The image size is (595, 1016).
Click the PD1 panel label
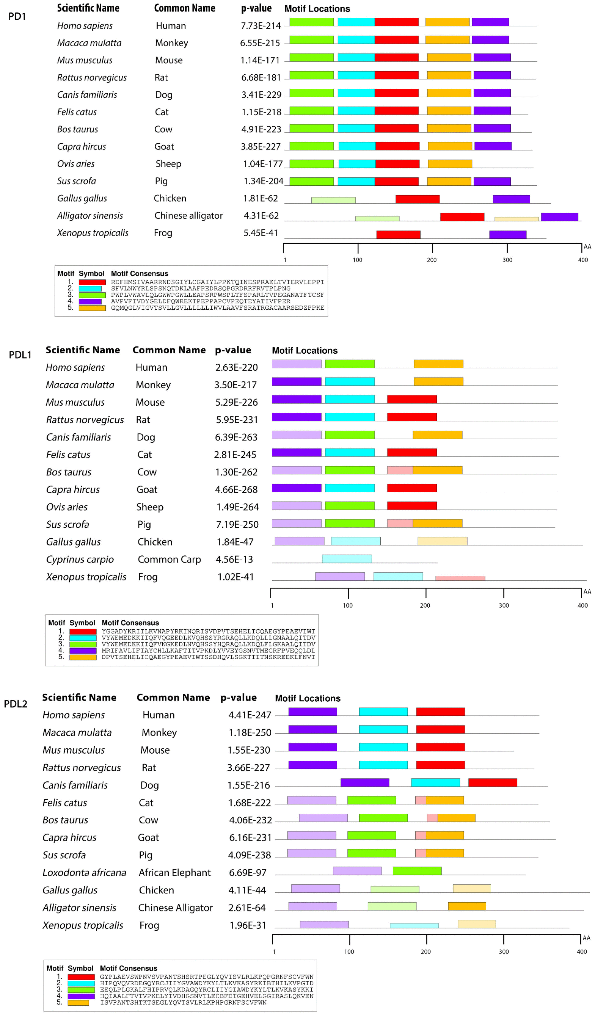(x=17, y=17)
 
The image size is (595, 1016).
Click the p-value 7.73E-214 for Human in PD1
(x=261, y=26)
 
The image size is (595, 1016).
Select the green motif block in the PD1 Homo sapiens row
(x=311, y=22)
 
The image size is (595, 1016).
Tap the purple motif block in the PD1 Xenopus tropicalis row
(x=507, y=234)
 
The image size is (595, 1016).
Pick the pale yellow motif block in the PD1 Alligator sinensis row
(x=517, y=219)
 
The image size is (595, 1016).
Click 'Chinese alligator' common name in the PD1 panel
(x=188, y=216)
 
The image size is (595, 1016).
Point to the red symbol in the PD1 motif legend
(x=92, y=282)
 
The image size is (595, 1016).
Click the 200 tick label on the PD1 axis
(x=432, y=260)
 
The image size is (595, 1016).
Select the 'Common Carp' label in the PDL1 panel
(x=169, y=559)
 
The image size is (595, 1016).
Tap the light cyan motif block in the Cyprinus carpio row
(x=347, y=558)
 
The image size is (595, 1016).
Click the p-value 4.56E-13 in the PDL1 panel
(x=234, y=559)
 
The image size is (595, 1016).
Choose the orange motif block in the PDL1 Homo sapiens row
(x=438, y=364)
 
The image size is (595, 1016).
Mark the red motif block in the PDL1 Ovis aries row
(x=411, y=505)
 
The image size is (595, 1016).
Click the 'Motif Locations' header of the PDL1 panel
(x=305, y=350)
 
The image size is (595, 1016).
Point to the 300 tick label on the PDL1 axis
(x=504, y=605)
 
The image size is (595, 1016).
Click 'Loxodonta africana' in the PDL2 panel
(x=84, y=872)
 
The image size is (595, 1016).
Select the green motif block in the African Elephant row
(x=417, y=870)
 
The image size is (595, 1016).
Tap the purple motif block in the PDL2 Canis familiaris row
(x=365, y=782)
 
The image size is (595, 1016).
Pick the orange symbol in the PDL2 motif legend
(x=78, y=1002)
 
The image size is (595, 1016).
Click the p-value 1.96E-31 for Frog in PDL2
(x=248, y=925)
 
